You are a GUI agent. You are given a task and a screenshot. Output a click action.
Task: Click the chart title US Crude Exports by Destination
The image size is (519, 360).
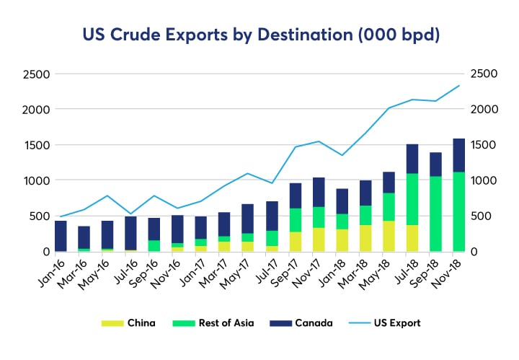pyautogui.click(x=259, y=34)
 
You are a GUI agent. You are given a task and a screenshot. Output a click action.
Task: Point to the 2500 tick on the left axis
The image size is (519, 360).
pyautogui.click(x=35, y=74)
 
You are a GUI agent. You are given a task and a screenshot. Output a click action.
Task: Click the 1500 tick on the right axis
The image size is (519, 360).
pyautogui.click(x=482, y=145)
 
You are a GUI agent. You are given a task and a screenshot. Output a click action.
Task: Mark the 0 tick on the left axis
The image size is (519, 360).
pyautogui.click(x=45, y=251)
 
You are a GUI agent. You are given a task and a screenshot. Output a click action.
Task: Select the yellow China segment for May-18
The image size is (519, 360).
pyautogui.click(x=390, y=236)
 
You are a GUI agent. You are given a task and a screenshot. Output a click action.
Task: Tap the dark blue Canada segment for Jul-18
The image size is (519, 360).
pyautogui.click(x=412, y=159)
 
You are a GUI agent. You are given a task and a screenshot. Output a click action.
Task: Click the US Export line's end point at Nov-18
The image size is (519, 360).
pyautogui.click(x=459, y=86)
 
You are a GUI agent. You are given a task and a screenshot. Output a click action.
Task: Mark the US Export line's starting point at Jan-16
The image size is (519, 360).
pyautogui.click(x=61, y=216)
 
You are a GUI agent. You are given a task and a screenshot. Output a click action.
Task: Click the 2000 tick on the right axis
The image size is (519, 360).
pyautogui.click(x=482, y=110)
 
